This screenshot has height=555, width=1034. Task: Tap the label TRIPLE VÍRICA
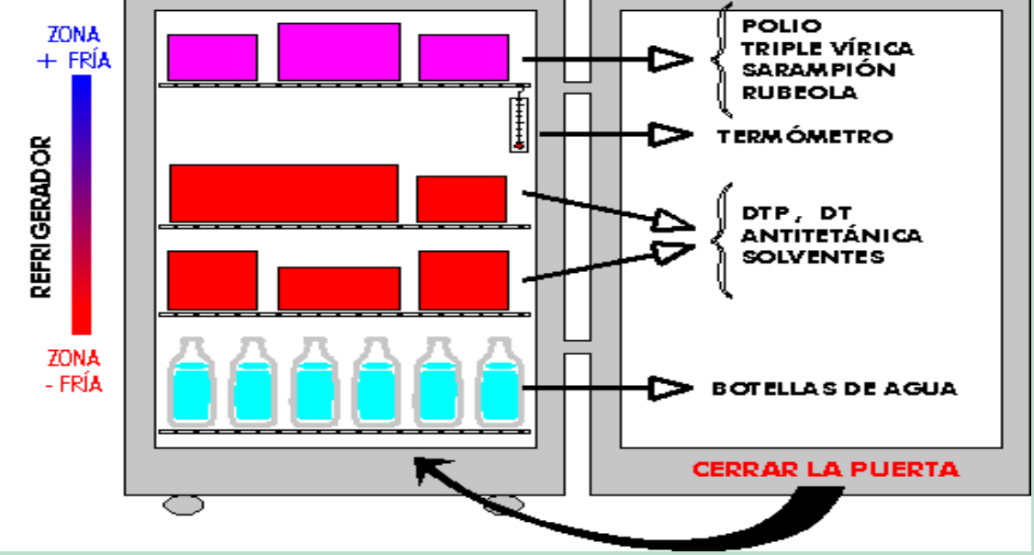click(827, 48)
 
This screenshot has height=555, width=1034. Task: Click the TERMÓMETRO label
click(804, 137)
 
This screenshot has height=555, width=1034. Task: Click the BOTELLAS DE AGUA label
click(834, 389)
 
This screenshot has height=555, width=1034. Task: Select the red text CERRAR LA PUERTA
click(826, 470)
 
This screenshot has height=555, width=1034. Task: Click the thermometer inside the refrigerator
click(520, 120)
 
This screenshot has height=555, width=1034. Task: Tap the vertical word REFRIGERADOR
click(41, 217)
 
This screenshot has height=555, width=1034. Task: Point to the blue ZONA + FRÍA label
click(79, 49)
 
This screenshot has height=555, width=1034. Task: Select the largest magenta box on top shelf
click(339, 51)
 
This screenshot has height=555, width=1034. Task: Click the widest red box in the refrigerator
click(284, 193)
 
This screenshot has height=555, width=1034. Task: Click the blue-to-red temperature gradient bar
click(81, 204)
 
